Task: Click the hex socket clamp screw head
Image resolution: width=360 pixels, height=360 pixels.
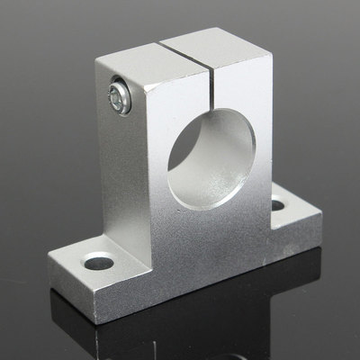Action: pos(118,96)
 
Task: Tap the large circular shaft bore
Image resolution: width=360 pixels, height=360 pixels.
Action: pos(211,155)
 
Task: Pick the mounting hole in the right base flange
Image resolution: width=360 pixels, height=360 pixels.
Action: pos(277,206)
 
